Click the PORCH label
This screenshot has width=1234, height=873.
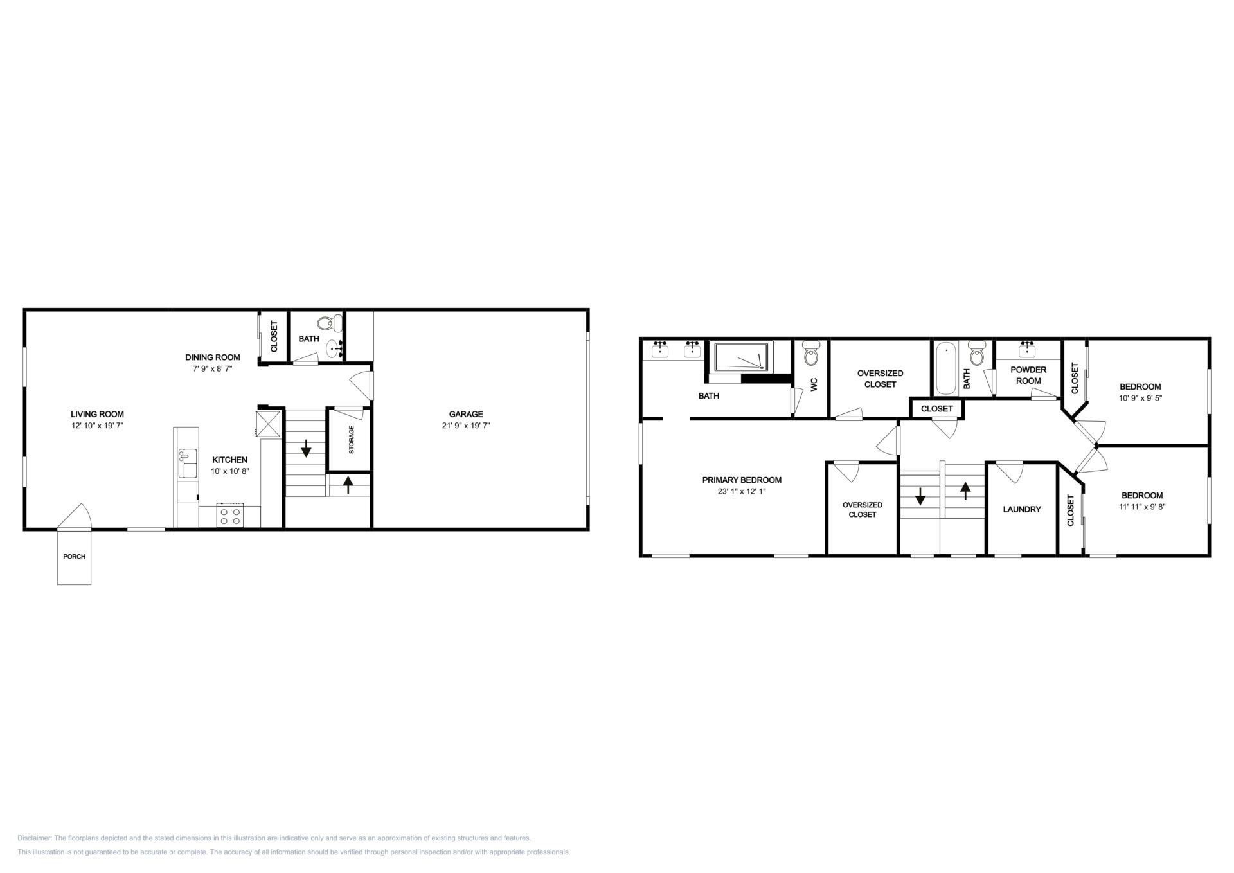pos(74,557)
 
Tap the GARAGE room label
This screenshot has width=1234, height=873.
pos(466,414)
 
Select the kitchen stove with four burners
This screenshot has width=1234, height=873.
pos(230,516)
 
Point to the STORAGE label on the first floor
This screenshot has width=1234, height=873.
pos(352,440)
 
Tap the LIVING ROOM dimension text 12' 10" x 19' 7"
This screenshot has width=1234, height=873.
pos(97,426)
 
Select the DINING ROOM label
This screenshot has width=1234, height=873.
pos(213,357)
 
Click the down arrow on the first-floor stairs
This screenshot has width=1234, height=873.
pos(306,448)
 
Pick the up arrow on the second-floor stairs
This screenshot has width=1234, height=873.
pos(965,491)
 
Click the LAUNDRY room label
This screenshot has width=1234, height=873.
pos(1022,509)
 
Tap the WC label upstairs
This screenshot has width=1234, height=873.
pos(814,384)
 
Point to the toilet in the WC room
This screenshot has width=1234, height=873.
pos(812,353)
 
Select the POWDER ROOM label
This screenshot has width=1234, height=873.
pos(1028,375)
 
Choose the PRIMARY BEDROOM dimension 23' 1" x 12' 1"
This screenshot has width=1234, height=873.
pos(742,492)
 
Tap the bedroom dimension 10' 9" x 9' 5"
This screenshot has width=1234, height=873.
pos(1140,398)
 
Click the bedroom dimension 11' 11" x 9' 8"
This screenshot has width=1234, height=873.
pos(1142,507)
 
